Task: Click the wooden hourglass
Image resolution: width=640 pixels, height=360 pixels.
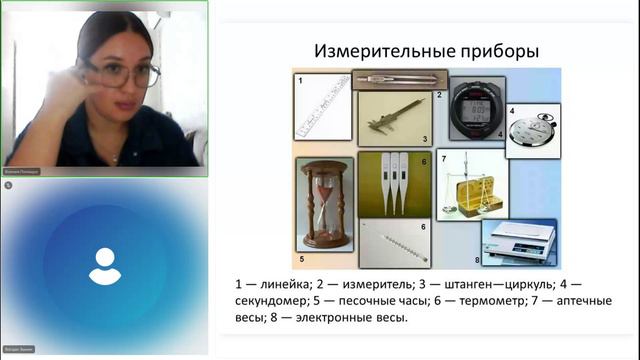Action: coord(323,203)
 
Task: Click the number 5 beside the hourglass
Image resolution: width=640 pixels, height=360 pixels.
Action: coord(301,242)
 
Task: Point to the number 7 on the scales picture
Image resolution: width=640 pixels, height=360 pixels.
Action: coord(443,159)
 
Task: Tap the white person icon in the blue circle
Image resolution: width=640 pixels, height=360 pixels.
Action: coord(105,265)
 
